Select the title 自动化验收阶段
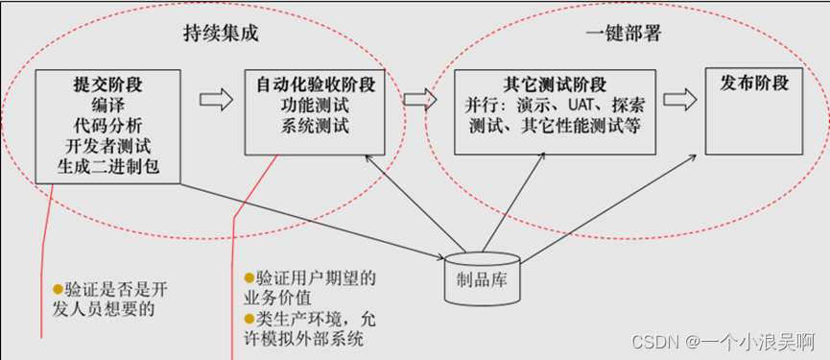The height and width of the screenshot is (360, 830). pos(316,84)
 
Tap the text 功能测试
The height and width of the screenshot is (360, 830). pos(316,105)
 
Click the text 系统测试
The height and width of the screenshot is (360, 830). pos(316,126)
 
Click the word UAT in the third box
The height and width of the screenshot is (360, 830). pos(575,104)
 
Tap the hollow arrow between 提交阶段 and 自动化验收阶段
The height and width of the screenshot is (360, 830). pos(216,98)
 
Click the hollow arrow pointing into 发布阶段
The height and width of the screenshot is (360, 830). pos(678,98)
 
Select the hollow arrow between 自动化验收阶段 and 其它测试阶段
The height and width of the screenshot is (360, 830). pos(418,98)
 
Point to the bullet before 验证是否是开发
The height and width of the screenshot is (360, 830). pos(58,288)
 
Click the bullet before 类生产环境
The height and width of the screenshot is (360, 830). pos(249,318)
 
